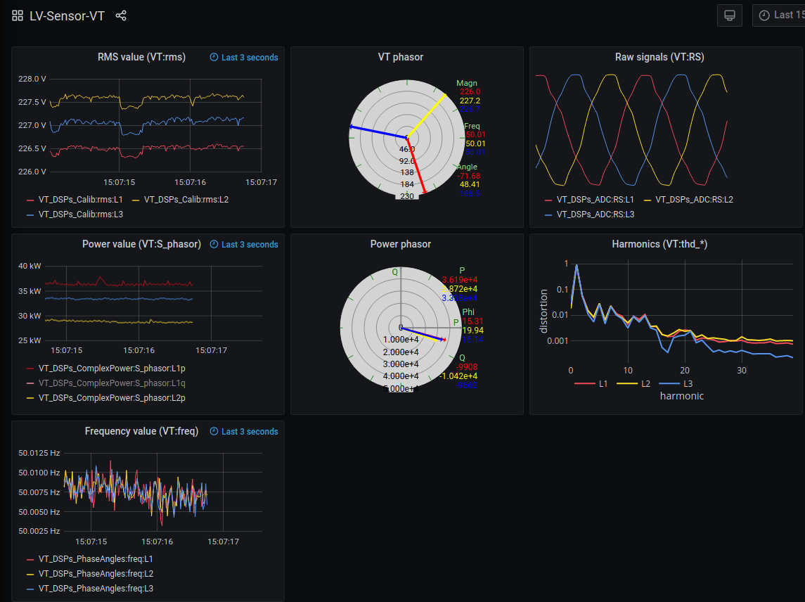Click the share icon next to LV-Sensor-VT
(x=121, y=15)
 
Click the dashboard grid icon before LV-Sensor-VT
(x=18, y=15)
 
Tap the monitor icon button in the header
(x=729, y=15)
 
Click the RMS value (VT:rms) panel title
(x=141, y=57)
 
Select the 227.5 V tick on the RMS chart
(x=32, y=102)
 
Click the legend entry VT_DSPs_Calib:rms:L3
(x=80, y=213)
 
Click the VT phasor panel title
(x=401, y=57)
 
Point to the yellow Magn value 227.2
(x=470, y=101)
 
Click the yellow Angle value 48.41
(x=469, y=184)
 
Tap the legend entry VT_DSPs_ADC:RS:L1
(x=595, y=200)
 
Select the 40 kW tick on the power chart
(x=30, y=267)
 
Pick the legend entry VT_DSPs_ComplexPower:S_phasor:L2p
(x=112, y=397)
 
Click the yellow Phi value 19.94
(x=473, y=331)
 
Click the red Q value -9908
(x=468, y=366)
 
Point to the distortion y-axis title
(x=543, y=310)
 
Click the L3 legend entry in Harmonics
(x=688, y=383)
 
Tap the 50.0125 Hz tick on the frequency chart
(x=39, y=453)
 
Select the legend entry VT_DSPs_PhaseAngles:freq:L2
(x=95, y=574)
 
